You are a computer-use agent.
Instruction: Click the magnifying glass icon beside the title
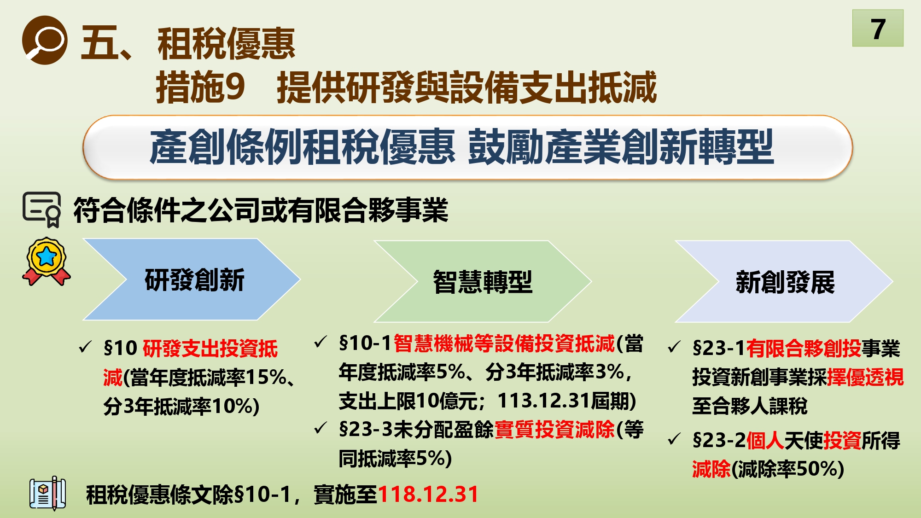pos(45,40)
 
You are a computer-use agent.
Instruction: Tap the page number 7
pos(878,29)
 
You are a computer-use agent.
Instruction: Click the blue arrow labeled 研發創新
pos(192,279)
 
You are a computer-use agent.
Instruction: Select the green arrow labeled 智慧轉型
pos(483,281)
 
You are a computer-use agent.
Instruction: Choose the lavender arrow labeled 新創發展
pos(784,281)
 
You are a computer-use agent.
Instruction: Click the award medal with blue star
pos(47,261)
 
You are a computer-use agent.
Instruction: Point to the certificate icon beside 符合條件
pos(42,210)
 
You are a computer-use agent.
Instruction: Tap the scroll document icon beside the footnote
pos(47,493)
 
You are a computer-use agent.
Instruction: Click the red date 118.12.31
pos(428,494)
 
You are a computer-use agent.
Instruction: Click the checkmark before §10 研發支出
pos(85,347)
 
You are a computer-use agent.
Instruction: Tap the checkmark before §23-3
pos(320,428)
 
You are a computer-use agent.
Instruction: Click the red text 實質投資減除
pos(554,429)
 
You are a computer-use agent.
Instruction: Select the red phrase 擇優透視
pos(865,377)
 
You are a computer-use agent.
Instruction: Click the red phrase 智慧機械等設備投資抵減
pos(504,343)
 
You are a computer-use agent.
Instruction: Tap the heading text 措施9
pos(200,87)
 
